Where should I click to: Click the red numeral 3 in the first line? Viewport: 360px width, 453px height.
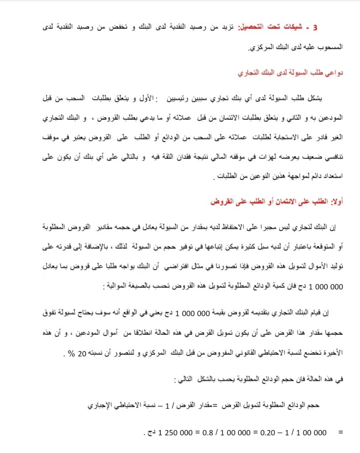[315, 27]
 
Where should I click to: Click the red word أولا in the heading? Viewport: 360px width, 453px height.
[338, 201]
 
